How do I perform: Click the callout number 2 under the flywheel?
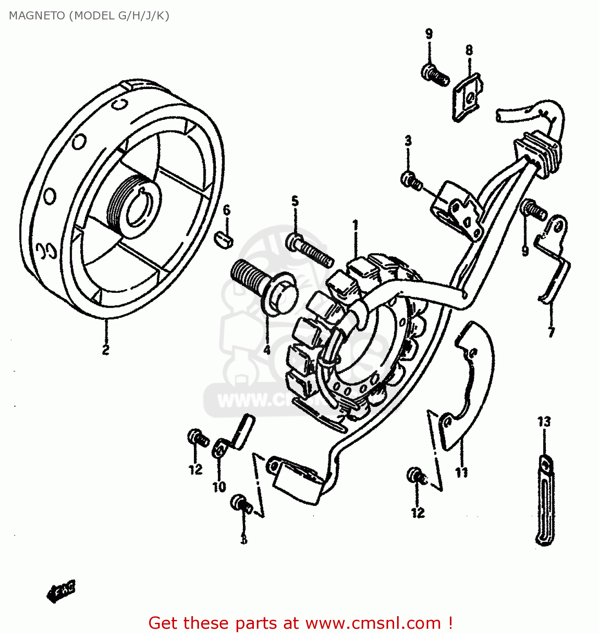tap(106, 350)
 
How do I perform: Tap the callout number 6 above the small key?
tap(227, 210)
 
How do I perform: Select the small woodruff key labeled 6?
tap(223, 239)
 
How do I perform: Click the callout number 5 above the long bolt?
tap(295, 201)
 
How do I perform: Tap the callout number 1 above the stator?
tap(355, 225)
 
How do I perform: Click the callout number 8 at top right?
tap(469, 50)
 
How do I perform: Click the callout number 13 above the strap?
tap(544, 421)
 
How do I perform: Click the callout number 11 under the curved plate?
tap(461, 472)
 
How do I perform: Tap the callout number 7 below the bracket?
tap(551, 333)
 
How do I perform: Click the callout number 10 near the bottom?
tap(219, 487)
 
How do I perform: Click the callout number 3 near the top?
tap(408, 141)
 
